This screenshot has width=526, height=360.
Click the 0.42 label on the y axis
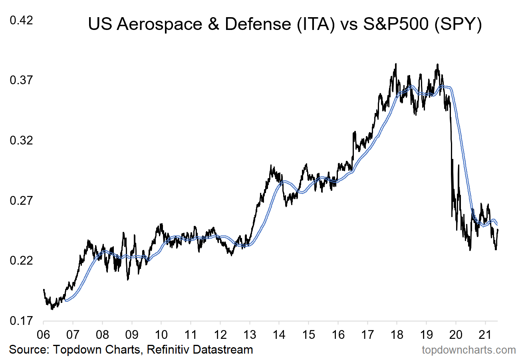[21, 20]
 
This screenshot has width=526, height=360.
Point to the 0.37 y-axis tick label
[21, 80]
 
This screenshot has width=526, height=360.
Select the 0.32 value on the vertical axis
[21, 140]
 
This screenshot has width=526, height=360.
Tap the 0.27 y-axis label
[21, 200]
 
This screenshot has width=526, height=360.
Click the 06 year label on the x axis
[44, 334]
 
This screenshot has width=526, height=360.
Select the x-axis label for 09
[132, 334]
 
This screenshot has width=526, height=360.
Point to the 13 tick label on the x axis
[250, 334]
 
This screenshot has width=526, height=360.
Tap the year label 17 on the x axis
[367, 334]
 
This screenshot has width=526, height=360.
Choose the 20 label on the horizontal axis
[456, 334]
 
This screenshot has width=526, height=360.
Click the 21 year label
[485, 334]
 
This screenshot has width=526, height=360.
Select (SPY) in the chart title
[458, 24]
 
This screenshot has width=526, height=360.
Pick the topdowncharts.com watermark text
[469, 350]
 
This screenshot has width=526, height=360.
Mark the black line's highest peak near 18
[395, 64]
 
